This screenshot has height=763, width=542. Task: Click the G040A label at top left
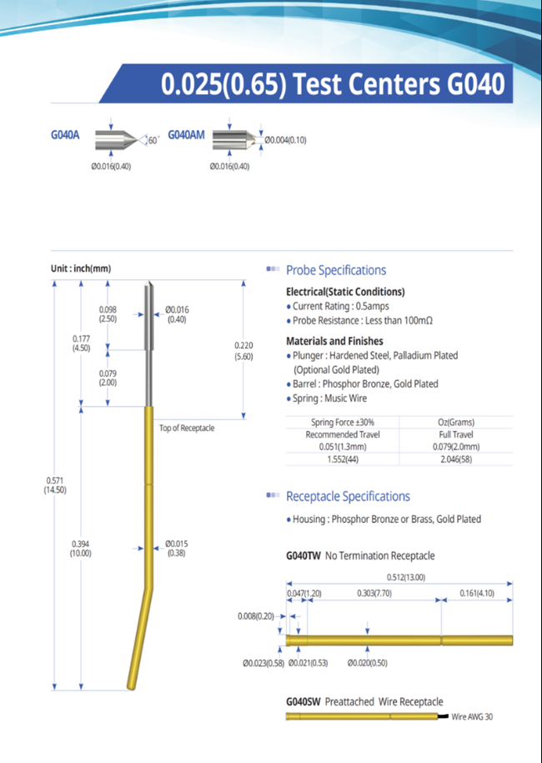click(x=65, y=135)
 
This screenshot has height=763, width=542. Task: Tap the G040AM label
click(x=186, y=135)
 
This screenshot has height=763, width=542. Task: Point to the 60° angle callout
click(x=153, y=140)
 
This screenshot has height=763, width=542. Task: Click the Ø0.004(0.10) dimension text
click(x=286, y=140)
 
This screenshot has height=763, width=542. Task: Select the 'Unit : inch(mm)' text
click(x=81, y=269)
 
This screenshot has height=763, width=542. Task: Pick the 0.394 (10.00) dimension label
click(x=81, y=548)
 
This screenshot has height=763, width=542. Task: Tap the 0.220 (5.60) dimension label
click(x=243, y=349)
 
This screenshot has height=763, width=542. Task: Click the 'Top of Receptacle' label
click(x=187, y=428)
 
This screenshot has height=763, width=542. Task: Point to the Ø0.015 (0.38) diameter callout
click(x=176, y=548)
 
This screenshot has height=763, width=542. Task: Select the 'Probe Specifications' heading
click(x=336, y=270)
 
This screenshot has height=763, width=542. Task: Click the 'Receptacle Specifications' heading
click(x=348, y=497)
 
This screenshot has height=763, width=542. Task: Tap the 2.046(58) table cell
click(x=456, y=459)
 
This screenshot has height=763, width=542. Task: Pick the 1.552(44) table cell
click(x=343, y=459)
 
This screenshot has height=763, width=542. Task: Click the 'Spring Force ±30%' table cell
click(x=343, y=422)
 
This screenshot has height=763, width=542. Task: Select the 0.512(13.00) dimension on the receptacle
click(x=406, y=577)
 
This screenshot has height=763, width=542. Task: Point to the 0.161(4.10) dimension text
click(x=478, y=593)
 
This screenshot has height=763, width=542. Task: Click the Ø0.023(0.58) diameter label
click(x=263, y=663)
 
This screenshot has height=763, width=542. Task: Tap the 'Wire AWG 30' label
click(x=472, y=716)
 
